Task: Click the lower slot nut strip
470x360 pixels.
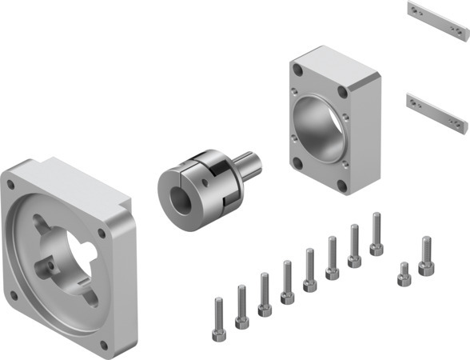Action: [x=435, y=110]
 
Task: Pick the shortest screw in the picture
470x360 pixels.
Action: [x=404, y=274]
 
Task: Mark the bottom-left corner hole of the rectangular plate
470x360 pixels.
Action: [x=297, y=163]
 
